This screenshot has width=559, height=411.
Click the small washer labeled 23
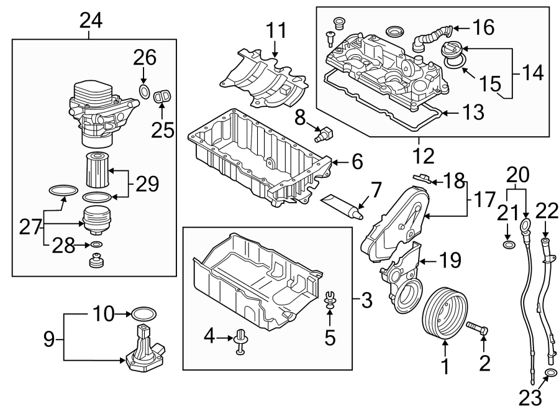coord(549,374)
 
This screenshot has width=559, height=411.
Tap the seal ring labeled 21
coord(508,247)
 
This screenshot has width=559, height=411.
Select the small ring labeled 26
coord(143,93)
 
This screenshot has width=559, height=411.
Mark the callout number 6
coord(357,162)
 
